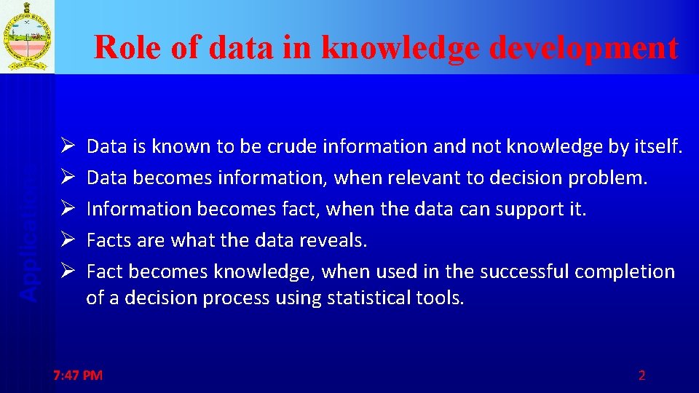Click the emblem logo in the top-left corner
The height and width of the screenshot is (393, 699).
pos(27,36)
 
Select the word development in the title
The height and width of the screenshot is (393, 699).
pos(585,48)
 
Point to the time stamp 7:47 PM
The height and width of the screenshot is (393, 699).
pos(79,376)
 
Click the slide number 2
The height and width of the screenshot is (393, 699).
pos(641,376)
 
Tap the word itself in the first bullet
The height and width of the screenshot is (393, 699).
pos(657,147)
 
